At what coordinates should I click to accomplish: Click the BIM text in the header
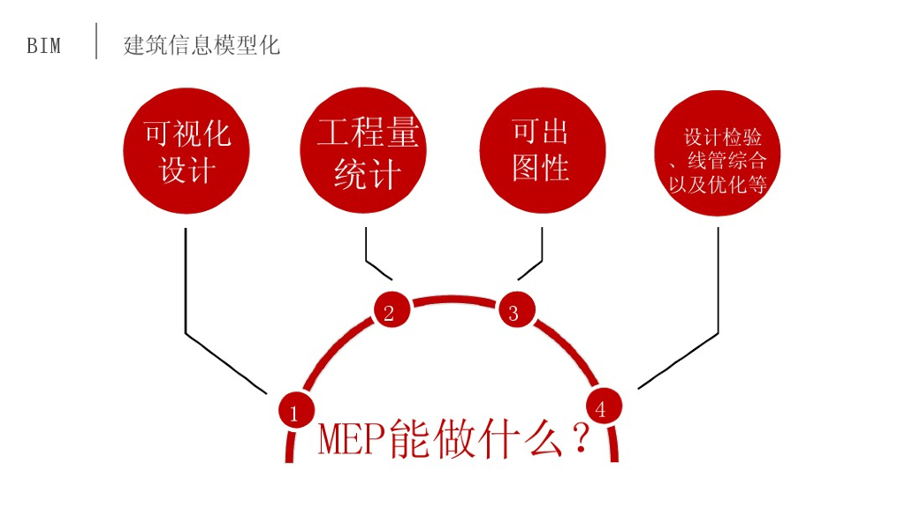click(x=44, y=46)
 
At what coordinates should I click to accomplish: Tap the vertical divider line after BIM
click(x=96, y=41)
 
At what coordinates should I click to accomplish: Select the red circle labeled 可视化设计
click(x=186, y=151)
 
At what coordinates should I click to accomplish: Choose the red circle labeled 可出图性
click(x=542, y=150)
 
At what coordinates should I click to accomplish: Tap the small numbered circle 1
click(x=295, y=411)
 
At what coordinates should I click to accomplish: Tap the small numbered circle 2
click(x=390, y=311)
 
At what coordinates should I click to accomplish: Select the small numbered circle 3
click(x=514, y=311)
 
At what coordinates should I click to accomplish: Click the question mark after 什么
click(x=582, y=439)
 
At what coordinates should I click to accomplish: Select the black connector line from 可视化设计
click(x=186, y=283)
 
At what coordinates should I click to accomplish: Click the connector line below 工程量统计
click(x=367, y=247)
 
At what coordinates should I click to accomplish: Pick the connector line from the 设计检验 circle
click(x=718, y=283)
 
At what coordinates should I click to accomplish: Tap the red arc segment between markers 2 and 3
click(x=452, y=299)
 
